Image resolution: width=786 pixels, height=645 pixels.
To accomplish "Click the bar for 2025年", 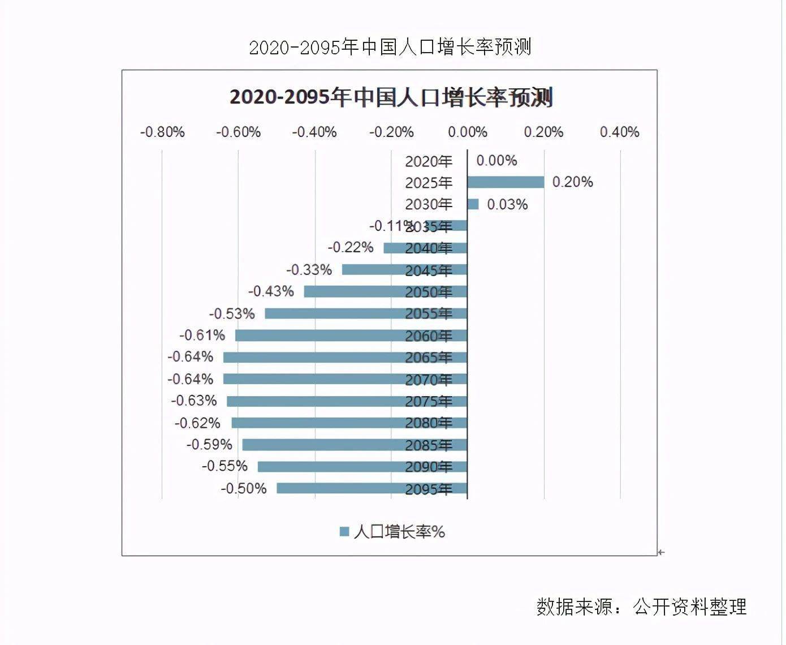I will click(506, 182).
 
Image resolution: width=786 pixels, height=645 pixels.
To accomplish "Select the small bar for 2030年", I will click(473, 204).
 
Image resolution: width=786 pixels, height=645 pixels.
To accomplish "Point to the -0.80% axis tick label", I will click(162, 132).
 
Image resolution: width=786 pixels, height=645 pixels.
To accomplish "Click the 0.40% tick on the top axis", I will click(620, 132).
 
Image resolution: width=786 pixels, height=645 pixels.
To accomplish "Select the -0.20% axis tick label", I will click(391, 132).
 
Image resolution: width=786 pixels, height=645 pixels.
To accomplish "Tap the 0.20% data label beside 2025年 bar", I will click(572, 182).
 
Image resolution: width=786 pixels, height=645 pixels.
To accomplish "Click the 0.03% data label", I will click(507, 204).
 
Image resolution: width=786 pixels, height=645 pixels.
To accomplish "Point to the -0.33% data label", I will click(309, 270).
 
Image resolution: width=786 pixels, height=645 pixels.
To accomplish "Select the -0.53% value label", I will click(232, 313).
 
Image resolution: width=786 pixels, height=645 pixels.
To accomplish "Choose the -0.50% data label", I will click(244, 488).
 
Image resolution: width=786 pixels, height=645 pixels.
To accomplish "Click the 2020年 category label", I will click(429, 162).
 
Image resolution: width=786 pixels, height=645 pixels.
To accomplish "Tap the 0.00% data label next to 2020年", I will click(496, 161).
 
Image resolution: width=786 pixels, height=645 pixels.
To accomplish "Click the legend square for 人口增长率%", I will click(344, 532).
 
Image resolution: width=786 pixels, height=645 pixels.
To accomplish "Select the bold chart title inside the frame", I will click(391, 98).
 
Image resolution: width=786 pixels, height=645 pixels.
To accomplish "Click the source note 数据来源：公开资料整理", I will click(641, 607).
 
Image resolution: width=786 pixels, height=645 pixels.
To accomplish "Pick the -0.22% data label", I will click(351, 248).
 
